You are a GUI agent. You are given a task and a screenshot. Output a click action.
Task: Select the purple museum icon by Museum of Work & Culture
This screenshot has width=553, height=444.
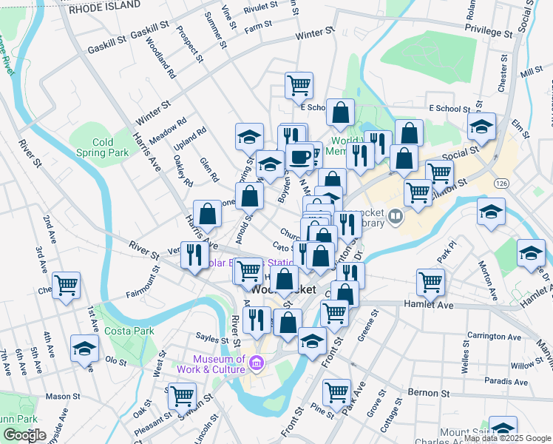coord(257,363)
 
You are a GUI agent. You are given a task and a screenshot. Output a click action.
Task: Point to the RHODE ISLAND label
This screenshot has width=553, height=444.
coord(104,5)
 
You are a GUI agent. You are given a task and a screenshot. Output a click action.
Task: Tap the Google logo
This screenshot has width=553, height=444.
coord(24,435)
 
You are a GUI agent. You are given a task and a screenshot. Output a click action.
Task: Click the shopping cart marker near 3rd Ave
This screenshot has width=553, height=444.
coord(67,285)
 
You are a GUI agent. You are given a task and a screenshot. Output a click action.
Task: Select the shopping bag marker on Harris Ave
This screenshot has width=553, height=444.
coord(208,215)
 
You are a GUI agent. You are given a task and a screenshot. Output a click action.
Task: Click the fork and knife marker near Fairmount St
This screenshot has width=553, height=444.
coord(194,255)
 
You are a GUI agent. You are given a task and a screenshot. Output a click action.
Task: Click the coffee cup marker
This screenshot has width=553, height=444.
coord(299,156)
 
